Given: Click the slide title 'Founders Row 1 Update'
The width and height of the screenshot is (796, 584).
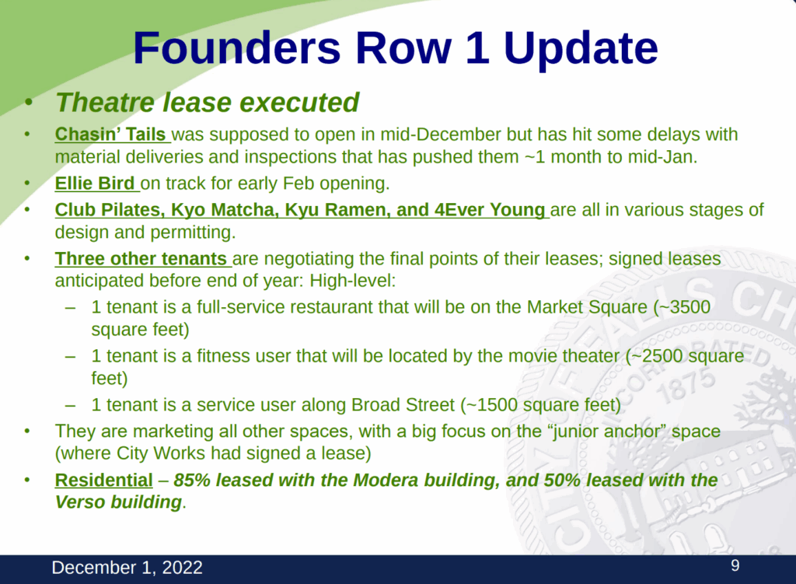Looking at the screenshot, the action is pos(396,48).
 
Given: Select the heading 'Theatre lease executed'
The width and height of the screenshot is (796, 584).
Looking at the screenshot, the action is pos(207,102).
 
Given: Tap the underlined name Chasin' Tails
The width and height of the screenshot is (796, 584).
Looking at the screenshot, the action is pos(110,134).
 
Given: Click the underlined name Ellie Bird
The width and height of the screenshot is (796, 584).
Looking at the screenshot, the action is pos(94,183).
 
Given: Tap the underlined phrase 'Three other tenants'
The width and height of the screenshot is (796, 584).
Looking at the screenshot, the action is pos(141,258).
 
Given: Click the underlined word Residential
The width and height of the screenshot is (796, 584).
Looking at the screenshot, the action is pos(103,480).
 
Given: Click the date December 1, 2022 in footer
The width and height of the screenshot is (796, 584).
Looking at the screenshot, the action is pos(127,567).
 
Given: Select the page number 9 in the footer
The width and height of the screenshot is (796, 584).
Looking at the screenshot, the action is pos(735,565).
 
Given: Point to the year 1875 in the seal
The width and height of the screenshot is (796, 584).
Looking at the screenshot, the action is pos(686,390).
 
